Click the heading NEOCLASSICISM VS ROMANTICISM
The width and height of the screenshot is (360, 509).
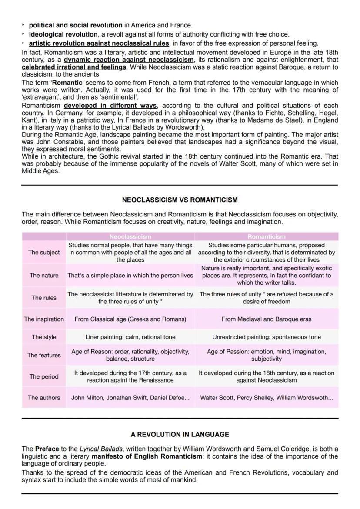coord(180,200)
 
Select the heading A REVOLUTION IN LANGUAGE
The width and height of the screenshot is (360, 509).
coord(180,434)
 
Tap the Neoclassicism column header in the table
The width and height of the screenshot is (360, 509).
coord(130,236)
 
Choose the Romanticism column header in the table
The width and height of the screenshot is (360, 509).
coord(267,236)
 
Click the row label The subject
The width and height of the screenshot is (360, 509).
coord(44,253)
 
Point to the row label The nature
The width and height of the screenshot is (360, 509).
coord(44,276)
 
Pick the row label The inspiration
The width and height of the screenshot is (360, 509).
coord(44,319)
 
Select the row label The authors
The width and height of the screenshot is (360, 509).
coord(44,397)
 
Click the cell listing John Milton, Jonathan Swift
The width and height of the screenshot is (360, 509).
coord(130,397)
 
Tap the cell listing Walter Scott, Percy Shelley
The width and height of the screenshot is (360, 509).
coord(267,397)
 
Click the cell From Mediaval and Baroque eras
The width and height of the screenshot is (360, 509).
coord(267,319)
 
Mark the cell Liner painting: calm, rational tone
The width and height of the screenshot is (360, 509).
coord(130,337)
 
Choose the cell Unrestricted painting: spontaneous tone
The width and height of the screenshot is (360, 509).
coord(267,337)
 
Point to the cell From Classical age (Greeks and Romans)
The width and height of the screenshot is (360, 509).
coord(130,319)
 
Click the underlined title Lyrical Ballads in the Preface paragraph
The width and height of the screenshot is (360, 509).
coord(101,449)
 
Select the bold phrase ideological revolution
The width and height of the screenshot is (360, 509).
coord(63,34)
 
